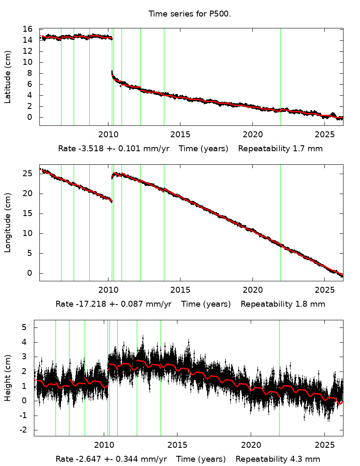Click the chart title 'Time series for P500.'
pos(189,14)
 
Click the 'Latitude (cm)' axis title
pos(8,77)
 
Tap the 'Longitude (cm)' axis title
pos(8,222)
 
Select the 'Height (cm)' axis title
pos(8,377)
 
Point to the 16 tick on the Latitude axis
pos(28,29)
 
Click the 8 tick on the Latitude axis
pos(30,73)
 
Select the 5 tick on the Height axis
pos(25,327)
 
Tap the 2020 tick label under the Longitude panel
pos(252,290)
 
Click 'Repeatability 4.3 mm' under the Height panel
pos(278,459)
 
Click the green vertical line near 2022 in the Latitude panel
pos(280,76)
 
